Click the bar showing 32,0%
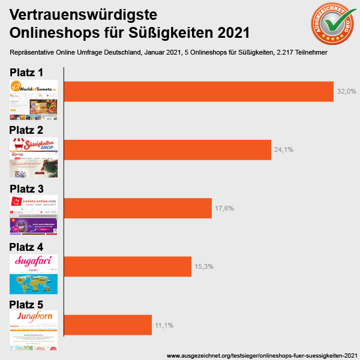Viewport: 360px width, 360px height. click(198, 91)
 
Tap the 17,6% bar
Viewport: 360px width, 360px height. click(137, 208)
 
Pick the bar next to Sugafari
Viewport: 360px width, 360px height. click(127, 266)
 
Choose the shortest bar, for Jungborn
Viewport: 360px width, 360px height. click(107, 325)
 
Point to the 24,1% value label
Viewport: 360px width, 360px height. click(283, 149)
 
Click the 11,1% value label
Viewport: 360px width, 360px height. click(164, 325)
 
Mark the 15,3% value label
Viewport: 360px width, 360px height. click(203, 266)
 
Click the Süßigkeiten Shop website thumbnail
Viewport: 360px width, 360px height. click(34, 157)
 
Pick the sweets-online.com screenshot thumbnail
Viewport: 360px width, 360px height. click(34, 215)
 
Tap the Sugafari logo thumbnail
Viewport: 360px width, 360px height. click(34, 274)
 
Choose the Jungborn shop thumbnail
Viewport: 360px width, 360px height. click(34, 330)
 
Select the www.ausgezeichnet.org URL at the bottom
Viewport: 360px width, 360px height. click(262, 355)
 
